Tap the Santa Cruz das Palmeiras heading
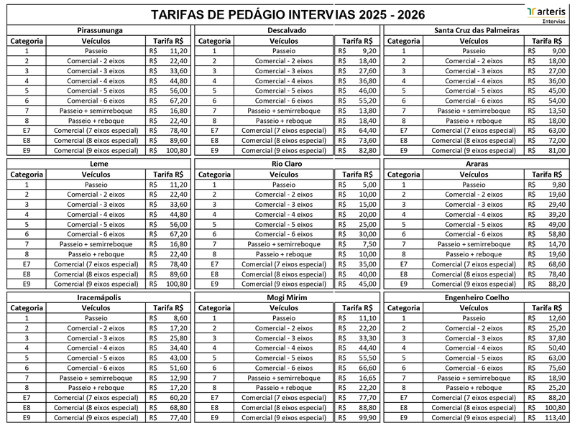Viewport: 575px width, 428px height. point(477,31)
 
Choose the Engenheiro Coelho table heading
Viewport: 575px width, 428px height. point(477,297)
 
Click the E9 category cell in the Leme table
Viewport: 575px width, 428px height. point(27,284)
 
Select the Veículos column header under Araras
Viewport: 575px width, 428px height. point(473,175)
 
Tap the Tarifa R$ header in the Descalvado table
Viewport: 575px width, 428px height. point(357,42)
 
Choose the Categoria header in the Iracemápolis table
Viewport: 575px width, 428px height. point(27,307)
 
